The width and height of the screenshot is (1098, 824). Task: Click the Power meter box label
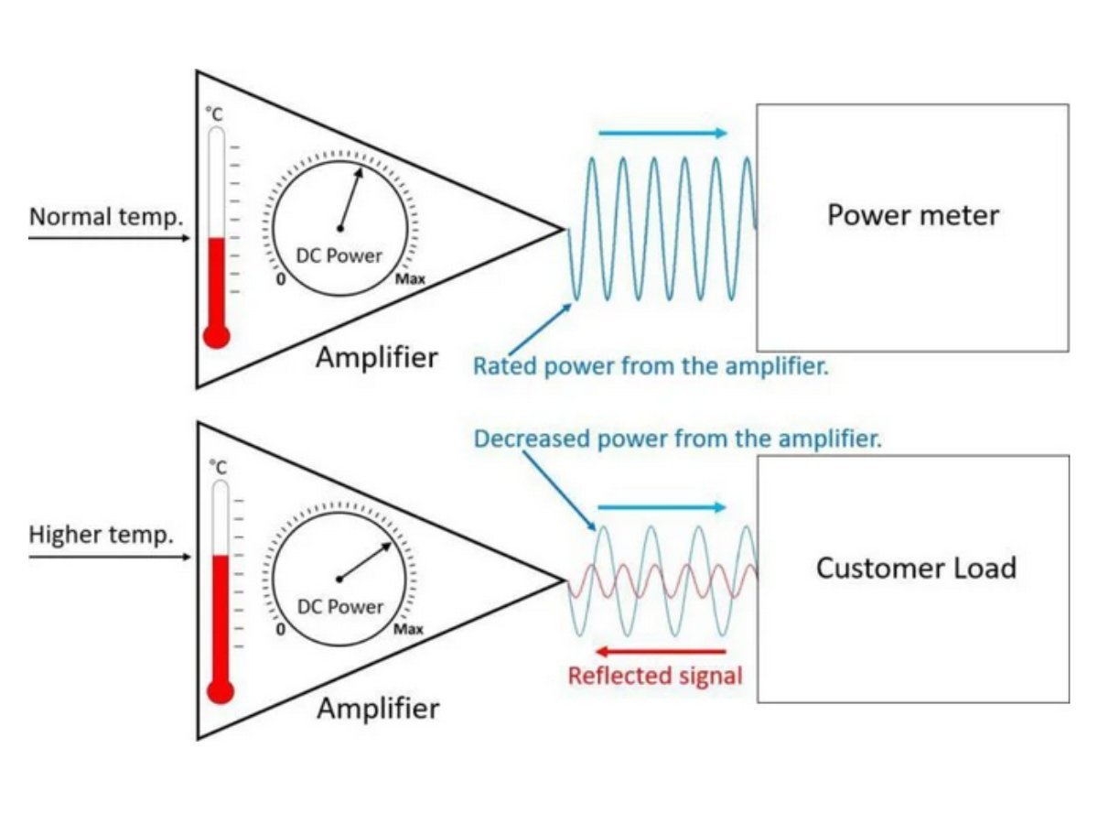tap(912, 215)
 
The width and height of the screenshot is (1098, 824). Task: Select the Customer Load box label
tap(915, 568)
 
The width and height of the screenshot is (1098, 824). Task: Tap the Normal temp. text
tap(106, 218)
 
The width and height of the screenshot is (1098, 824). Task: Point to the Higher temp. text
tap(101, 536)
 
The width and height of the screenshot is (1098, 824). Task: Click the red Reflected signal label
tap(655, 677)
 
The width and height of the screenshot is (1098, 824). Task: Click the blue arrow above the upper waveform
tap(662, 133)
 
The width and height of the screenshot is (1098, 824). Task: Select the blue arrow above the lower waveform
tap(662, 507)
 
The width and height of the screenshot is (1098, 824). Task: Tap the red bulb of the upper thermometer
tap(216, 336)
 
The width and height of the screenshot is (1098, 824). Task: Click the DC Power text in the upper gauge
tap(339, 255)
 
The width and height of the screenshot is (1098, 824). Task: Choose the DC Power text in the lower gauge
tap(340, 606)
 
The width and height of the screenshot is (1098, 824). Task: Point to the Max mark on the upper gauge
tap(409, 279)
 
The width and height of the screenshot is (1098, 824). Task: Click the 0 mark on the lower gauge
tap(281, 631)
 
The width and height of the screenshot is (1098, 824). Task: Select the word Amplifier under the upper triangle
tap(376, 358)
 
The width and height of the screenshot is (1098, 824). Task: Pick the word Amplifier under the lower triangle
tap(377, 709)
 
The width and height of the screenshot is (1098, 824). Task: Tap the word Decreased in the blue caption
tap(533, 439)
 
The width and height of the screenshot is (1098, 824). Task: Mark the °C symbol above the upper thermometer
tap(213, 114)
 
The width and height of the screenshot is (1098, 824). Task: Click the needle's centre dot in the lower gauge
tap(339, 579)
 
